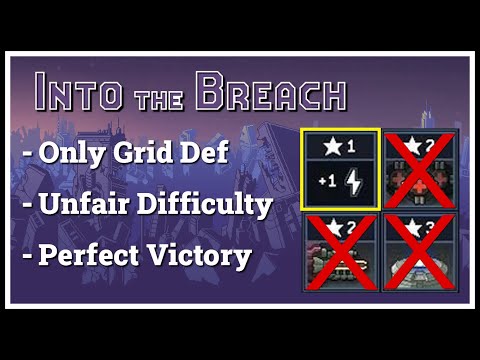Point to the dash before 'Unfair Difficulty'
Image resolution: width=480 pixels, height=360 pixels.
coord(27,206)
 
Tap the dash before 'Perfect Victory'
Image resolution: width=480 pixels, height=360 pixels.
coord(27,255)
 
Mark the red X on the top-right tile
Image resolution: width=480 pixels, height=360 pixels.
coord(420,169)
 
